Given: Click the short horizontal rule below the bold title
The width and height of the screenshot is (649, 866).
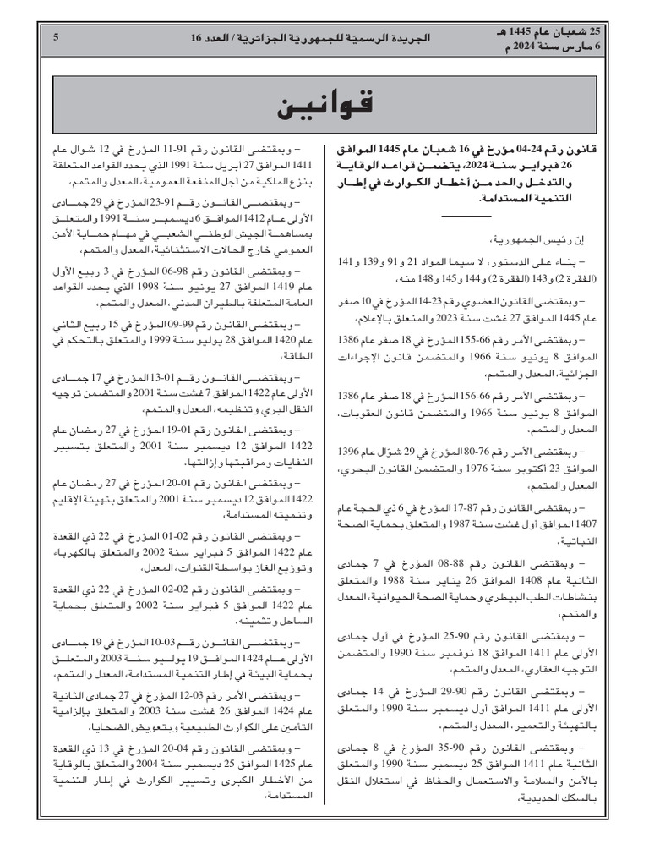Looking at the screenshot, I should point(466,217).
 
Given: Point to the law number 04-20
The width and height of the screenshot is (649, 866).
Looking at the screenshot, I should point(188,748).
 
